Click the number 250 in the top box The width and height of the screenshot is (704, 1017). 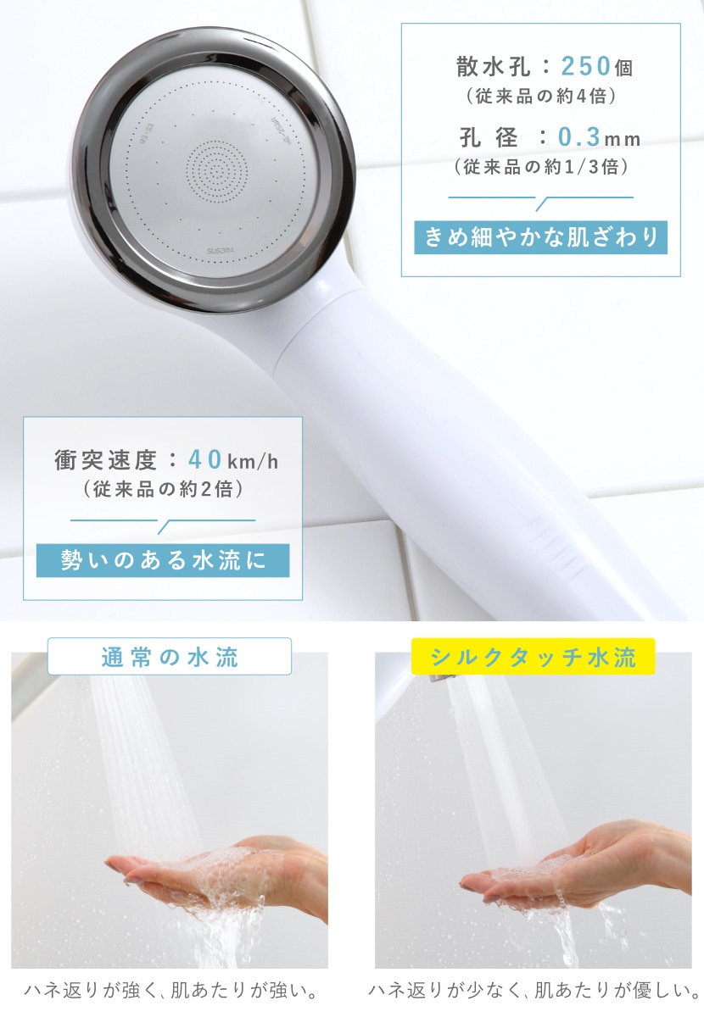click(x=585, y=66)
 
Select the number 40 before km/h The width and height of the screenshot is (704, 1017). click(x=205, y=459)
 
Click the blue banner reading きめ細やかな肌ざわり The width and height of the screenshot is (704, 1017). click(x=540, y=237)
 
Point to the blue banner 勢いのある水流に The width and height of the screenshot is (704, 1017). click(x=163, y=560)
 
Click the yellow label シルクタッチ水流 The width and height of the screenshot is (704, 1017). click(x=534, y=656)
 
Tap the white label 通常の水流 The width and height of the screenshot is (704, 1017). click(x=170, y=656)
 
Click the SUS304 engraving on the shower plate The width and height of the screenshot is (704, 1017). click(x=221, y=251)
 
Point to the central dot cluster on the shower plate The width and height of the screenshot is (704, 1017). click(x=217, y=170)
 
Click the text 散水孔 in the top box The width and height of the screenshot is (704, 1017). click(x=494, y=67)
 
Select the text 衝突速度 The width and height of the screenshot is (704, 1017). click(x=105, y=460)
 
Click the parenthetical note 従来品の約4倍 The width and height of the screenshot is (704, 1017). click(x=541, y=96)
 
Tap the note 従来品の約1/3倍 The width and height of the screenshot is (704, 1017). click(x=541, y=167)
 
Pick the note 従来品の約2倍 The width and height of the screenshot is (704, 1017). click(x=163, y=489)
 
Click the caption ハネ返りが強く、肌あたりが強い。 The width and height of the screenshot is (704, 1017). click(x=170, y=991)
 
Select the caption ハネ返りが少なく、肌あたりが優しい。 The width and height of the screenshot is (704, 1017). click(x=534, y=991)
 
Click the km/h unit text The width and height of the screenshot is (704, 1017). click(x=253, y=462)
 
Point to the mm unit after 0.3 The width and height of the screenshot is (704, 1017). click(x=621, y=139)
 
